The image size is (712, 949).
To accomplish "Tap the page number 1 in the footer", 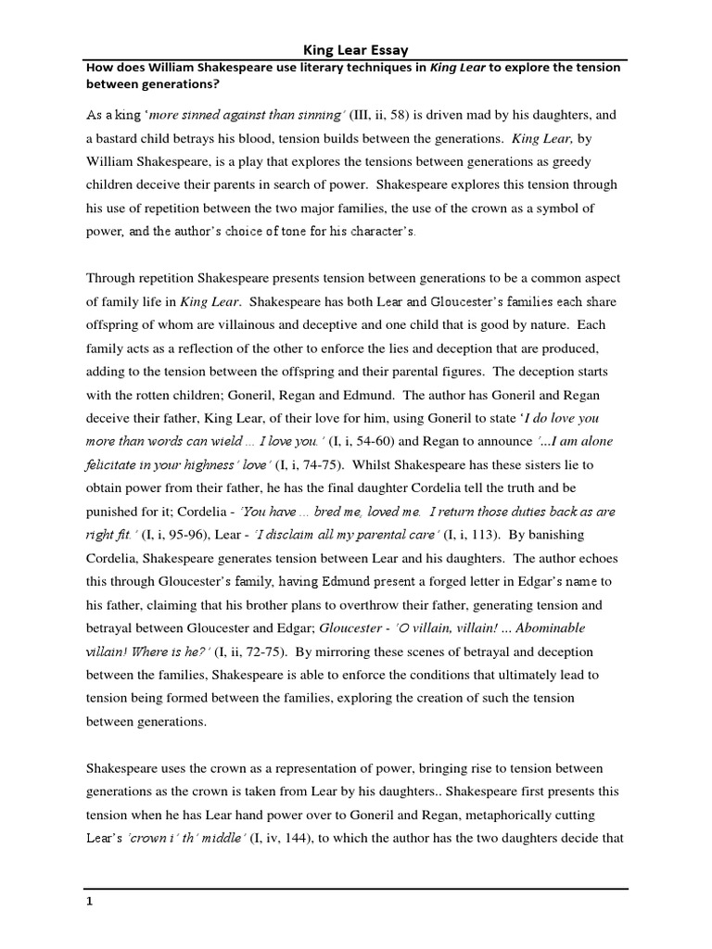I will click(x=89, y=899).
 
